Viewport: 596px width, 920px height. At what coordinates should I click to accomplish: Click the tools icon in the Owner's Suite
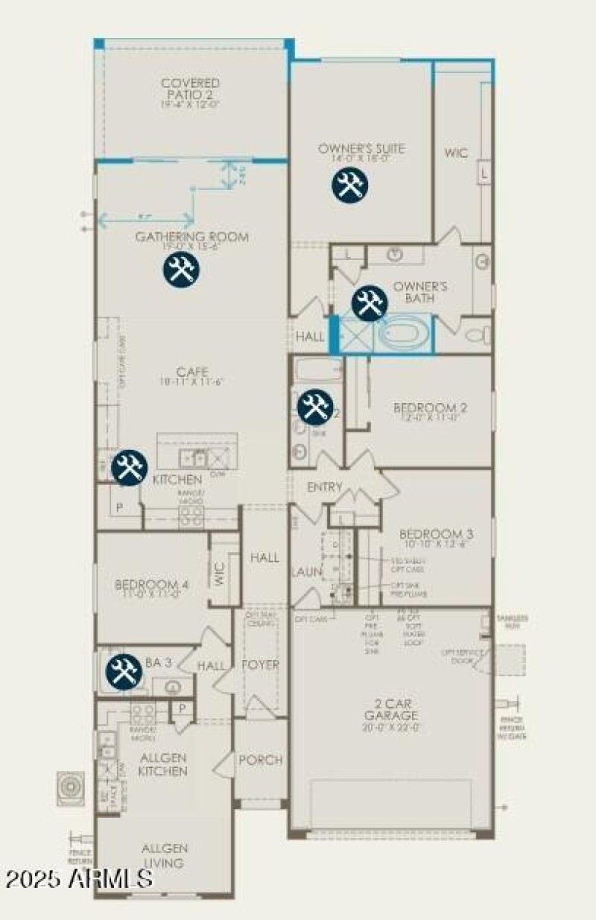pyautogui.click(x=349, y=185)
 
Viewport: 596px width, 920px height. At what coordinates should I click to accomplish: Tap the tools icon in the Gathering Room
pyautogui.click(x=181, y=269)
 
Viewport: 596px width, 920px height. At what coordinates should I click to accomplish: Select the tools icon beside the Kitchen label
pyautogui.click(x=130, y=469)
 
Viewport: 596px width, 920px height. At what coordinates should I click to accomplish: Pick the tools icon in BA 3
pyautogui.click(x=124, y=672)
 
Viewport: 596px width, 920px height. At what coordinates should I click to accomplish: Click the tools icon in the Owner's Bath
pyautogui.click(x=369, y=303)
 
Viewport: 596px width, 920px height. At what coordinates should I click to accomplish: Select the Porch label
pyautogui.click(x=260, y=760)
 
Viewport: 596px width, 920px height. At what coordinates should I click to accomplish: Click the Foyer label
pyautogui.click(x=261, y=664)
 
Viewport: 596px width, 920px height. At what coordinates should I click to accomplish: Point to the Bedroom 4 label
pyautogui.click(x=151, y=585)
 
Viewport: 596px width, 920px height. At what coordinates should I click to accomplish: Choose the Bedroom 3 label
pyautogui.click(x=436, y=534)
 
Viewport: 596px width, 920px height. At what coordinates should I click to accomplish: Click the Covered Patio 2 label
pyautogui.click(x=191, y=88)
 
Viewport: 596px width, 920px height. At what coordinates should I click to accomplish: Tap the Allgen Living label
pyautogui.click(x=165, y=855)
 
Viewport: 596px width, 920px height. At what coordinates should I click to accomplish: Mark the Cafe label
pyautogui.click(x=191, y=372)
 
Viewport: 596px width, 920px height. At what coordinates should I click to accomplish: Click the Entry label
pyautogui.click(x=325, y=487)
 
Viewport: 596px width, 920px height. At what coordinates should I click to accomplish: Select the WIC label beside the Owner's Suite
pyautogui.click(x=456, y=153)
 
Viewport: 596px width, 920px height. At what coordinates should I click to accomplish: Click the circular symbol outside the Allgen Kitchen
pyautogui.click(x=72, y=788)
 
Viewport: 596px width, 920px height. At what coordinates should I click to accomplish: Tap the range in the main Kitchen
pyautogui.click(x=191, y=514)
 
